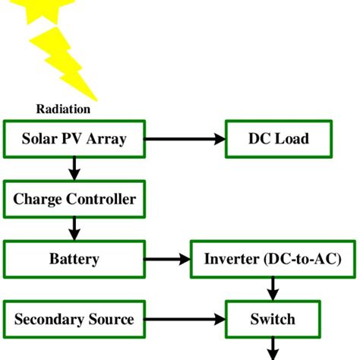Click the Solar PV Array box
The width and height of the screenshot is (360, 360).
[x=74, y=139]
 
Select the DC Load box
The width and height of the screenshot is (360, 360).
[x=279, y=139]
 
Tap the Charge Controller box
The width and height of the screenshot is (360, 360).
[x=74, y=199]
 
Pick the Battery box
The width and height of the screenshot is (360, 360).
[x=74, y=259]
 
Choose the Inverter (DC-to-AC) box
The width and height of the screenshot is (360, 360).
[x=273, y=259]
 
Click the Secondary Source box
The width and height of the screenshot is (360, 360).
[x=74, y=319]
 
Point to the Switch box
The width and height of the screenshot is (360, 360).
[x=273, y=319]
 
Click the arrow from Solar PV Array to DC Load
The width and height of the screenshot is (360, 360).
[x=185, y=139]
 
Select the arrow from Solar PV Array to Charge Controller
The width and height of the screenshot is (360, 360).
[x=74, y=169]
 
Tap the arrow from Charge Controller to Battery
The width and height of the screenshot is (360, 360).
[x=74, y=229]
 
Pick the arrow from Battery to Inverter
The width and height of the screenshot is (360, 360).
[x=167, y=259]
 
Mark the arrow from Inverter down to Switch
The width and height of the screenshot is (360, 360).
[x=273, y=289]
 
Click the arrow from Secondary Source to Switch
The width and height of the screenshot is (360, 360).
[x=185, y=319]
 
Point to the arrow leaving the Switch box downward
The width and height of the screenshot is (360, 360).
[x=273, y=349]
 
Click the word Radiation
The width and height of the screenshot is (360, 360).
[x=63, y=109]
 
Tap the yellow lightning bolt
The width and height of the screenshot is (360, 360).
[x=63, y=63]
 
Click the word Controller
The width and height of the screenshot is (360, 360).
[x=101, y=199]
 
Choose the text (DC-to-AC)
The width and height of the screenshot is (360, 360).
[x=302, y=259]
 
